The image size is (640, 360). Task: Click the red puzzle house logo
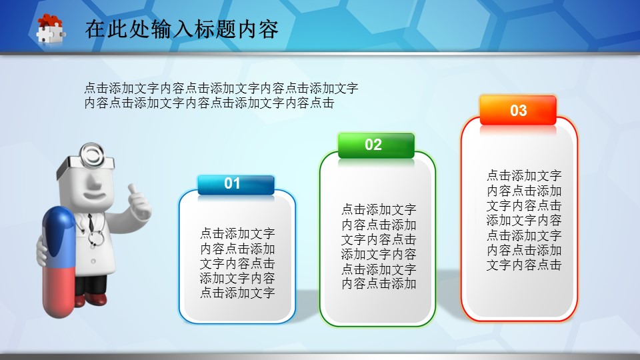pos(51,29)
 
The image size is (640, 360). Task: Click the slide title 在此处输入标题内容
pos(181,29)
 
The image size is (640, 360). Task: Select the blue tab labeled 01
pos(236,185)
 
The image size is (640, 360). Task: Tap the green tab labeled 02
pos(376,145)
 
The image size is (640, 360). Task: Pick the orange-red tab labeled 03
pos(518,110)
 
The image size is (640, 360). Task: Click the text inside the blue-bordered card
pos(237,263)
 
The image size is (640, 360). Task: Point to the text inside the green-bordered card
pos(379,247)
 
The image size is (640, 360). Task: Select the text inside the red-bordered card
pos(524,220)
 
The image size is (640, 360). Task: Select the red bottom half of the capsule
pos(59,291)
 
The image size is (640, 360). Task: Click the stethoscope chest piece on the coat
pos(96,238)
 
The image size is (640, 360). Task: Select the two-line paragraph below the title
pos(221,95)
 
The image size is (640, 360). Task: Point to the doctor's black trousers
pos(91,285)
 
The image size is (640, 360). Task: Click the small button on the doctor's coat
pos(93,261)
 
